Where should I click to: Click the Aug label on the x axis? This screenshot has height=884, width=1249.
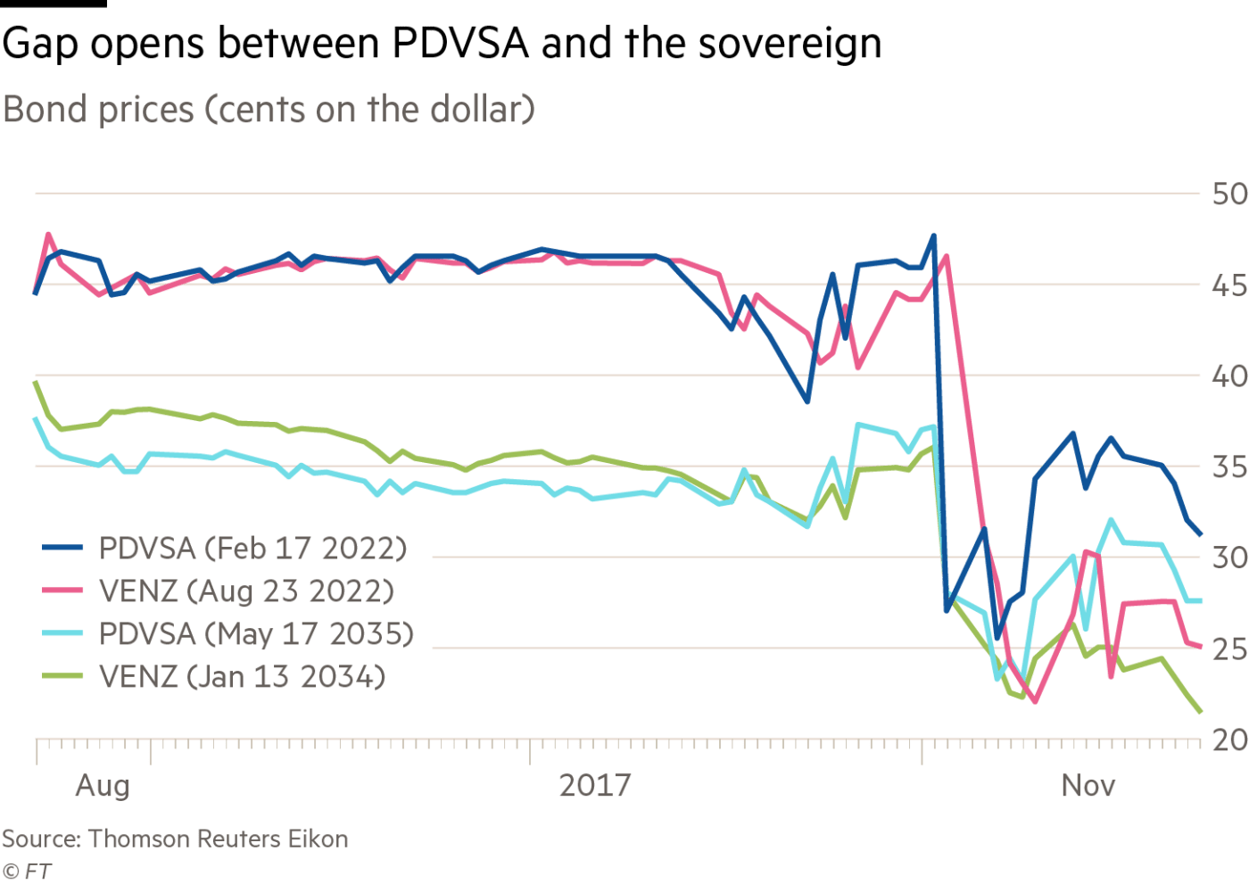103,786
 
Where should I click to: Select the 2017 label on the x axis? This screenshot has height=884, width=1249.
595,786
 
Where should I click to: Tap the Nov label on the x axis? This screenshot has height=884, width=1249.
1088,786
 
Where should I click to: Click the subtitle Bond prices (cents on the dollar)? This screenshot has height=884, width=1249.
269,110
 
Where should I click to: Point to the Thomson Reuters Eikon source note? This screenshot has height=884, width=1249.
174,839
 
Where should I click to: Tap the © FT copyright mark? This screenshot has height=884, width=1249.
26,870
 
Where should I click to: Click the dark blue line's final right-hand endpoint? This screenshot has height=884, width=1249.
1202,534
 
